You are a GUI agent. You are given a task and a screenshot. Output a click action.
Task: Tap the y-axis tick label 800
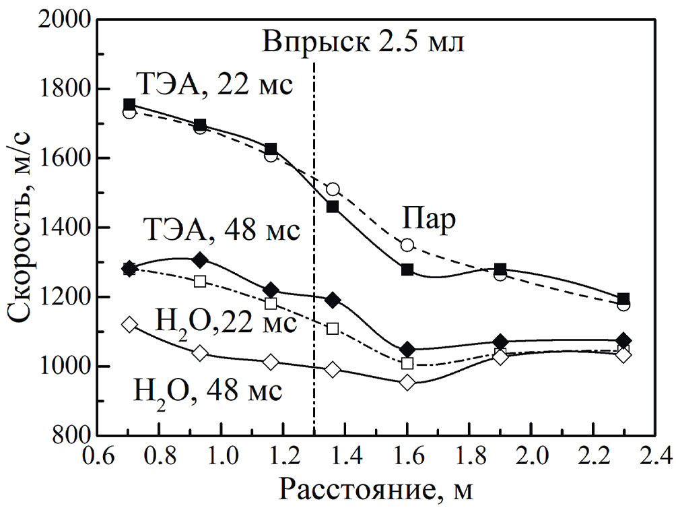pyautogui.click(x=67, y=435)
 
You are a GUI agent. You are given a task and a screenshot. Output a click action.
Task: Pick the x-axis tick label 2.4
pyautogui.click(x=652, y=457)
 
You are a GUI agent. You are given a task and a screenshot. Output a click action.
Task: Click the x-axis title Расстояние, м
pyautogui.click(x=376, y=490)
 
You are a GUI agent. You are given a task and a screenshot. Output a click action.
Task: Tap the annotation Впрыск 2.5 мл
pyautogui.click(x=364, y=43)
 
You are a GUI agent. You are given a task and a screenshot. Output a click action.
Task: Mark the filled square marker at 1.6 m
pyautogui.click(x=407, y=270)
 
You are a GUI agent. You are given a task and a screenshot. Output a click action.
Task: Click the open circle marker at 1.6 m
pyautogui.click(x=407, y=245)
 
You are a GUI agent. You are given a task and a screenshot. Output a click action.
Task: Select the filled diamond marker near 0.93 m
pyautogui.click(x=200, y=260)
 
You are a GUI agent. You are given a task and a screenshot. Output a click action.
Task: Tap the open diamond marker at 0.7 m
pyautogui.click(x=129, y=325)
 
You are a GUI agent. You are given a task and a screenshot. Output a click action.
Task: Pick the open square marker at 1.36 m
pyautogui.click(x=333, y=329)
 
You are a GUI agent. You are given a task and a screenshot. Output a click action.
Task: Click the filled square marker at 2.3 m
pyautogui.click(x=623, y=298)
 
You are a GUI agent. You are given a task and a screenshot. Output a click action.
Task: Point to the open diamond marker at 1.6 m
pyautogui.click(x=407, y=383)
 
